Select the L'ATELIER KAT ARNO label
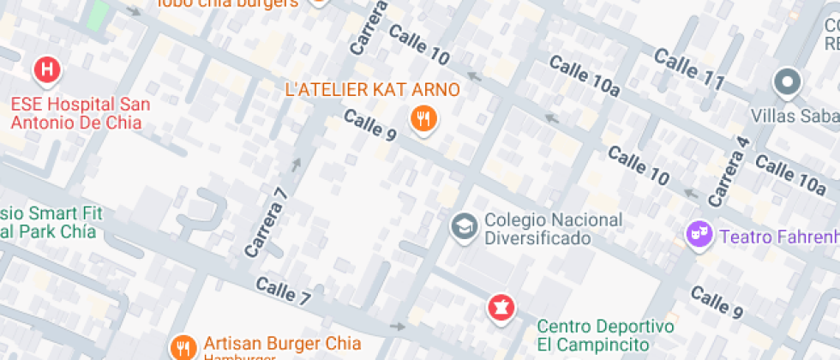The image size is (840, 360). coord(372,90)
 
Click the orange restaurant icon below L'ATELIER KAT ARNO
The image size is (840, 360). coord(423,118)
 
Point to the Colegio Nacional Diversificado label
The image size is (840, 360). coord(553,229)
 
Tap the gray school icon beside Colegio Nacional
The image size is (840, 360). coord(464,227)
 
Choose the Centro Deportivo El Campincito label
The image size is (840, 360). coord(605,335)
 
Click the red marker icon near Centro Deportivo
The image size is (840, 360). coord(501,306)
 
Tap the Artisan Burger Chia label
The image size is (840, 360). coord(282,345)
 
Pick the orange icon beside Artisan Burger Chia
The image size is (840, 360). coord(183,347)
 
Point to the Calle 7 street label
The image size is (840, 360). coord(283,292)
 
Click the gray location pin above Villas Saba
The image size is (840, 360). coord(786,83)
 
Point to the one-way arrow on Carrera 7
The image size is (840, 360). coord(297,163)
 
